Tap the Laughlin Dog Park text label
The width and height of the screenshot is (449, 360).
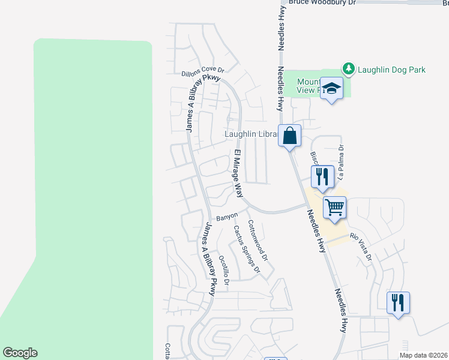(391, 70)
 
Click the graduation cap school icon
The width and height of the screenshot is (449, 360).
(331, 88)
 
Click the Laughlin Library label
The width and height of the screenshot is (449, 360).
(252, 134)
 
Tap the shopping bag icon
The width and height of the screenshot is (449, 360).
(290, 135)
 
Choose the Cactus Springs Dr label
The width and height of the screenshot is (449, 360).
(246, 248)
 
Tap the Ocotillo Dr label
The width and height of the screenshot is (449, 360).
(224, 270)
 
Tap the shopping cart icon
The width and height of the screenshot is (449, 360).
(334, 207)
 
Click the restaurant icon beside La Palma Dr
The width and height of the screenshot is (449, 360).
(322, 176)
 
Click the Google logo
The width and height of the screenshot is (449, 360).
(20, 353)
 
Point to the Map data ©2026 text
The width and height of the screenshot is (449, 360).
(423, 355)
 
